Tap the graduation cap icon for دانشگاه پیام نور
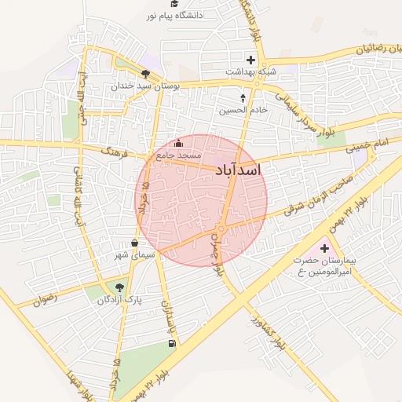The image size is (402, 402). [x=174, y=3]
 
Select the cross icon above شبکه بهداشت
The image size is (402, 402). [x=250, y=59]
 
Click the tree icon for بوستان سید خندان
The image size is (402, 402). [x=145, y=73]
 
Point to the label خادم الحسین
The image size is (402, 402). [x=243, y=110]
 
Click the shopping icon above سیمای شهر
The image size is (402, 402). [x=135, y=243]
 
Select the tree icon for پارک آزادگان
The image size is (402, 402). [x=119, y=287]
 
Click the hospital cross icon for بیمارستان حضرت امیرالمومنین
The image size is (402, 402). [x=324, y=248]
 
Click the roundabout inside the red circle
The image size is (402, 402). [x=221, y=229]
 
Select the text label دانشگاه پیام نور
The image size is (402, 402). [x=175, y=15]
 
